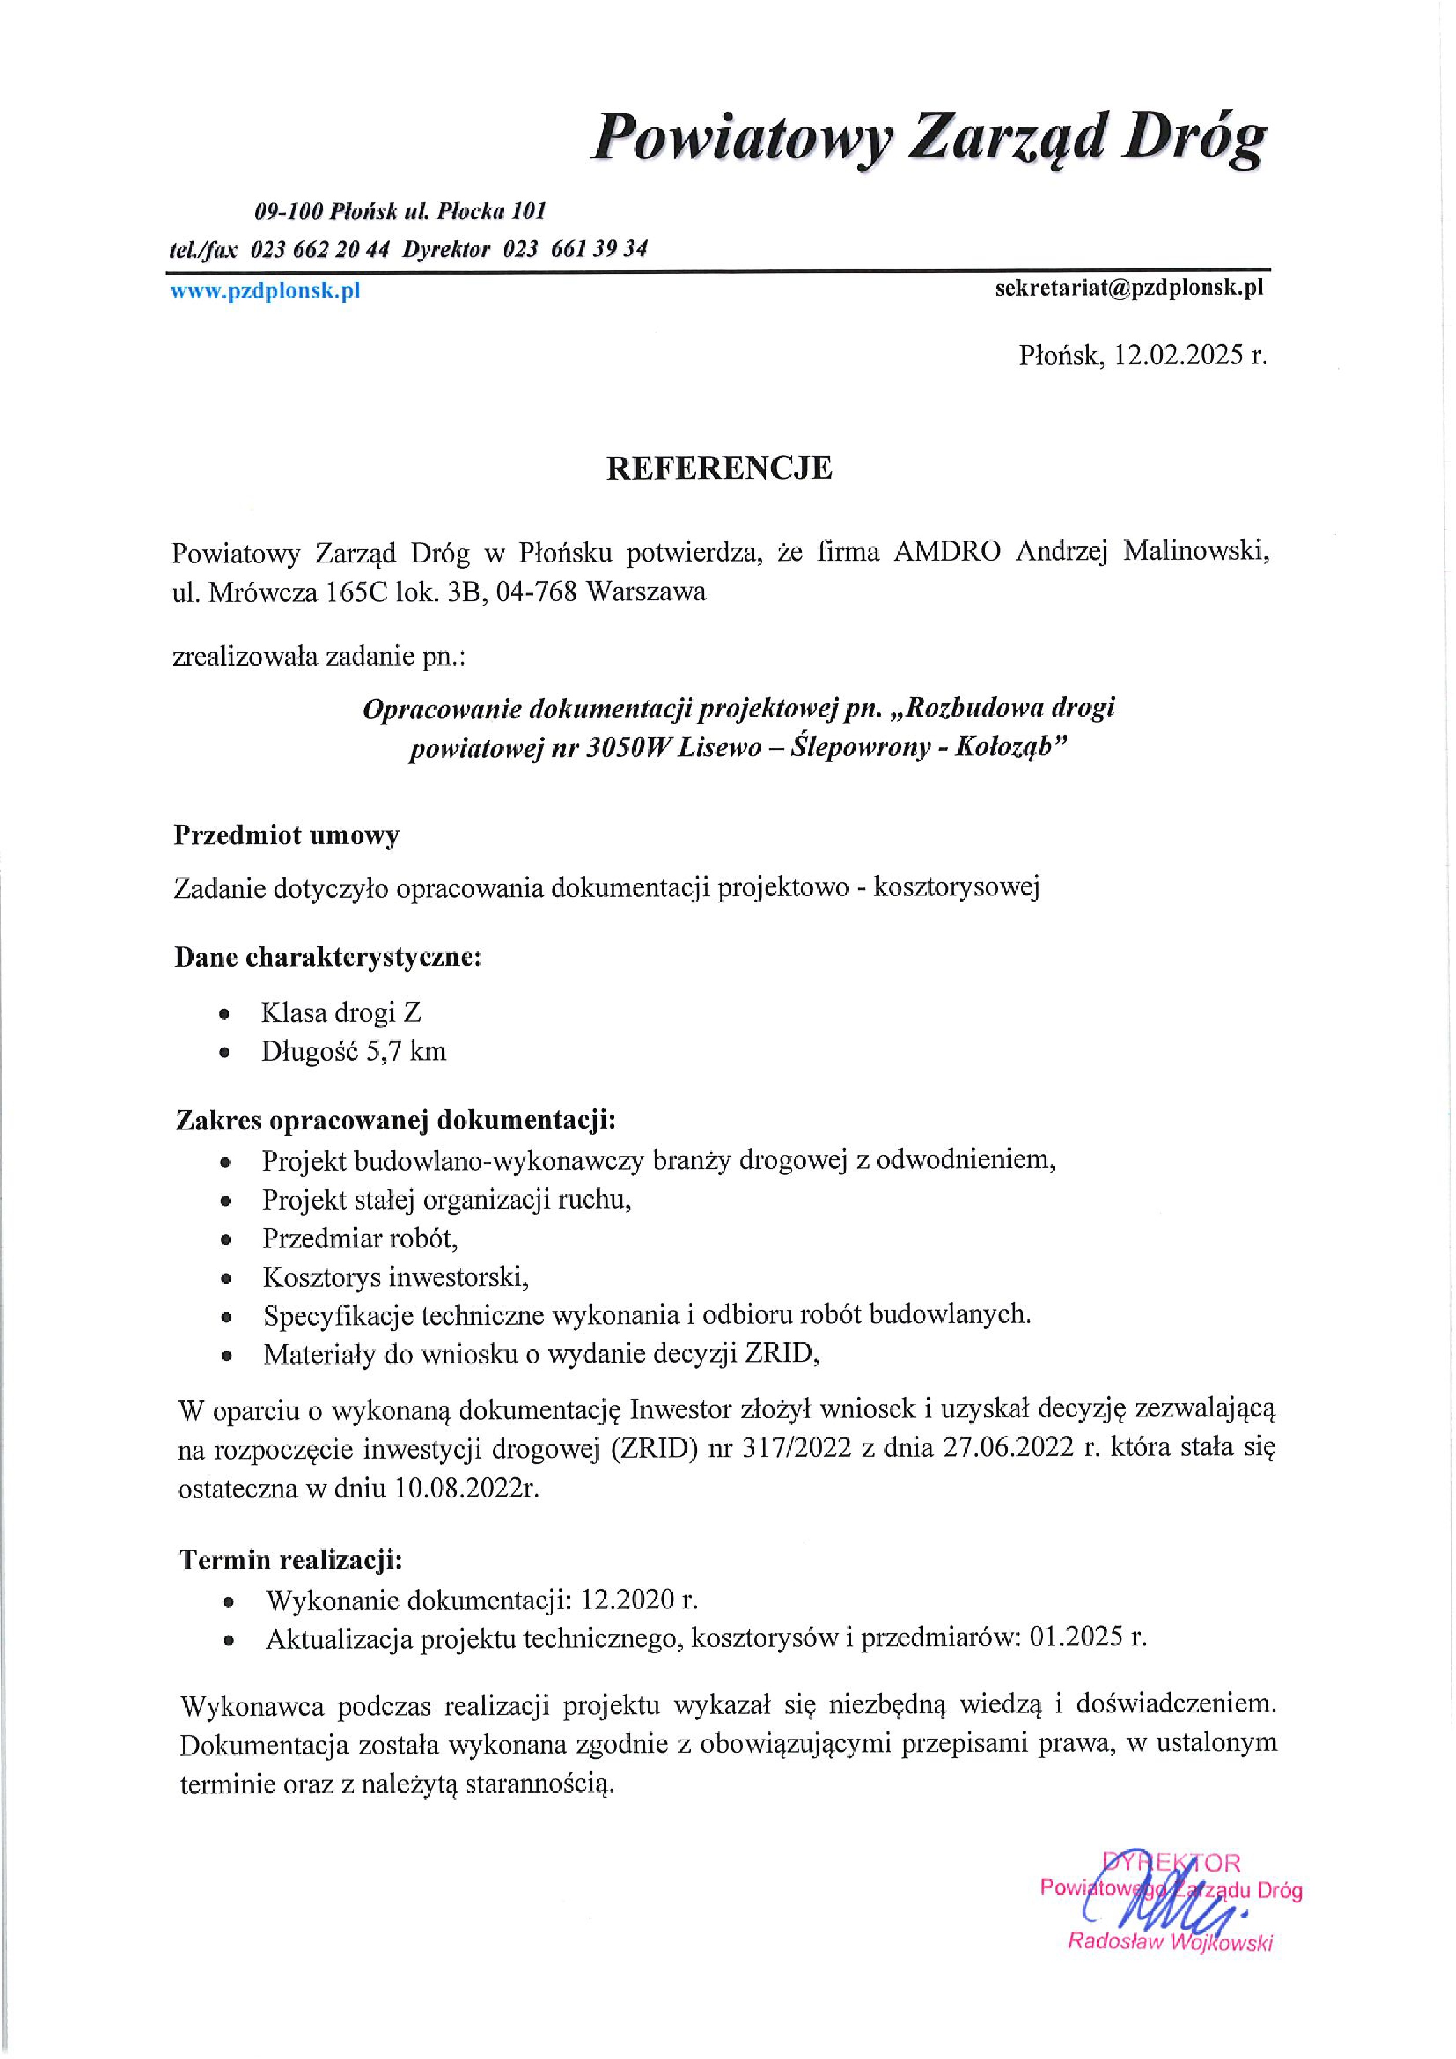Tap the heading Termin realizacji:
coord(292,1561)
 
